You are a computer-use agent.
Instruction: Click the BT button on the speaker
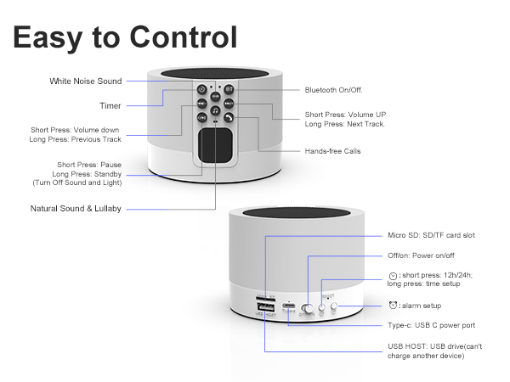click(x=229, y=89)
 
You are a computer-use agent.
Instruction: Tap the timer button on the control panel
click(x=201, y=89)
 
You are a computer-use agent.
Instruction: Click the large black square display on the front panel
click(x=215, y=145)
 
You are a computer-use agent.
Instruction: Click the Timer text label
click(x=110, y=106)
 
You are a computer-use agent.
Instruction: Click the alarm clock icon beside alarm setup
click(x=393, y=305)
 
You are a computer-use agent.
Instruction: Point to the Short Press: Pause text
click(x=88, y=164)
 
